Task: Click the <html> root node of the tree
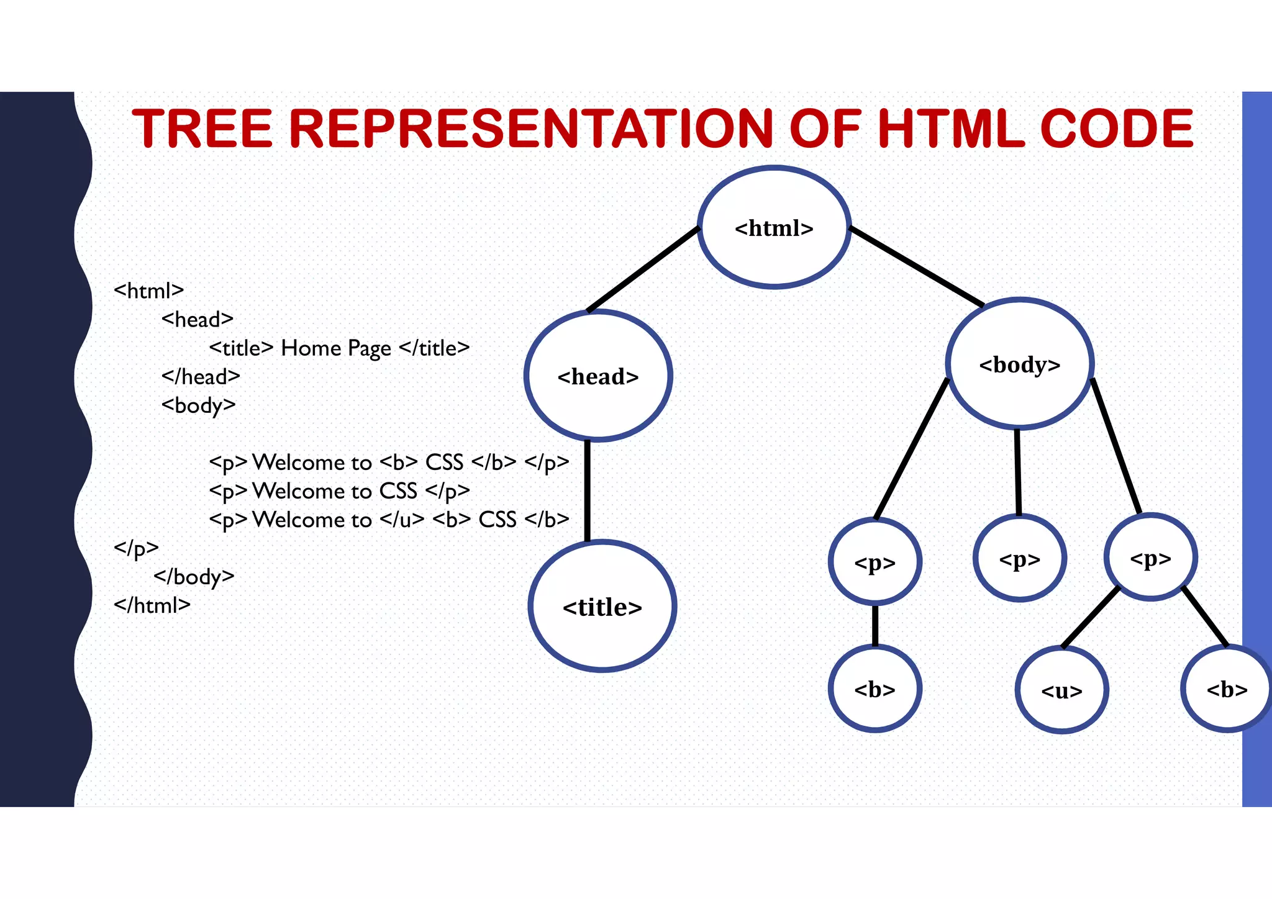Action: click(774, 228)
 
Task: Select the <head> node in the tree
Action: click(598, 376)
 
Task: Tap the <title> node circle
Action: click(602, 607)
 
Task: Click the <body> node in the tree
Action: click(1020, 364)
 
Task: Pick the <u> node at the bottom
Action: click(1061, 690)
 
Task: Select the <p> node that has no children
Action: click(1020, 559)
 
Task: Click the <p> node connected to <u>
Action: click(1150, 558)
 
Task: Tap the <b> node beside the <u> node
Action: click(1227, 689)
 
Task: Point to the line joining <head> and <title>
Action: click(588, 490)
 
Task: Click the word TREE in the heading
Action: click(202, 129)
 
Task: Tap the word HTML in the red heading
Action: click(951, 129)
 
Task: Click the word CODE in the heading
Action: click(1116, 129)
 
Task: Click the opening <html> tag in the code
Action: click(149, 291)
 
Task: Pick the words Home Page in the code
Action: click(336, 348)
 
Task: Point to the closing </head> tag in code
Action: click(201, 377)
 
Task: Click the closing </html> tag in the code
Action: click(152, 605)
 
